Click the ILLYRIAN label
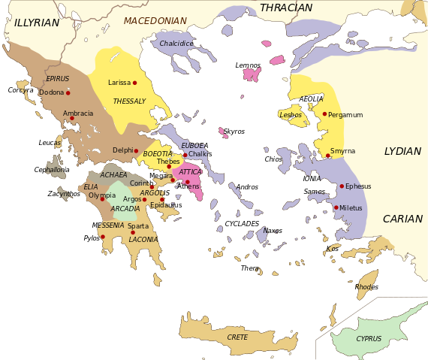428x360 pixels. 36,23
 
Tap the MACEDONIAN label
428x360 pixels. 155,21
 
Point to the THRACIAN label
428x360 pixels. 285,8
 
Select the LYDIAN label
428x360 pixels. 402,152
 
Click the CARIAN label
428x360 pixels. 402,219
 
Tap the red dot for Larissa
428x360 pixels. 134,83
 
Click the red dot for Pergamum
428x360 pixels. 324,114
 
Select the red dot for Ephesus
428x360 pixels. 342,186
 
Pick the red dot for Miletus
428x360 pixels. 336,207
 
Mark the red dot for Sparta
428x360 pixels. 133,232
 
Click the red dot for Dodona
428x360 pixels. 68,93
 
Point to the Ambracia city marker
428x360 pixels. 72,118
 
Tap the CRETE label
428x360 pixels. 237,337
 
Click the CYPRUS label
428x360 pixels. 369,339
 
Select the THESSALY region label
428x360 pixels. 129,101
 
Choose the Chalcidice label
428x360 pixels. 176,44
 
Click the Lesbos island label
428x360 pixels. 291,115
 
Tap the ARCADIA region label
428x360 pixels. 125,209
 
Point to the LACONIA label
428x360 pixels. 143,240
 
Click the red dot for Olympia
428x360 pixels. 102,199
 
